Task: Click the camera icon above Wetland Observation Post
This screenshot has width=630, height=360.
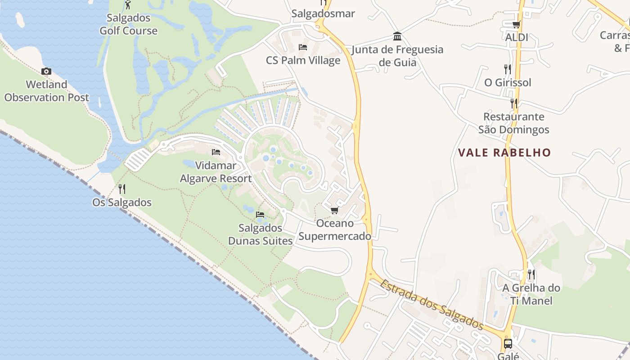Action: click(x=46, y=71)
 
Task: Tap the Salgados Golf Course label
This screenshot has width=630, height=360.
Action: click(x=128, y=25)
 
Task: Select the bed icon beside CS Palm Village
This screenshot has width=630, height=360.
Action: click(x=303, y=47)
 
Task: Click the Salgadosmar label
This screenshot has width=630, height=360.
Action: click(x=323, y=13)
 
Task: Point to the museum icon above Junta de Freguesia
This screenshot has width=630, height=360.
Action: click(x=397, y=36)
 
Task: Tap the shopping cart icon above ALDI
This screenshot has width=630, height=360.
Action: click(x=516, y=24)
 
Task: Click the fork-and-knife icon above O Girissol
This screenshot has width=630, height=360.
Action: click(x=508, y=69)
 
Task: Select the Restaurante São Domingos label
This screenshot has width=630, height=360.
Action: click(x=513, y=123)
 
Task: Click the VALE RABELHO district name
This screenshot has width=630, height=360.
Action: click(x=504, y=153)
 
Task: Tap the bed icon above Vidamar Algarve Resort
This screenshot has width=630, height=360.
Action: click(x=216, y=152)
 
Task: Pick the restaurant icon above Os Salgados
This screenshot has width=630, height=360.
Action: click(x=121, y=189)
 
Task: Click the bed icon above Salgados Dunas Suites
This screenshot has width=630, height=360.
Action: click(x=260, y=215)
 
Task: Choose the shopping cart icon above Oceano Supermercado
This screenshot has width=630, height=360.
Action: click(x=334, y=210)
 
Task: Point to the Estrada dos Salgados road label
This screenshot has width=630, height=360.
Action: click(x=431, y=305)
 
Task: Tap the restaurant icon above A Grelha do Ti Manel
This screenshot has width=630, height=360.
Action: click(x=531, y=274)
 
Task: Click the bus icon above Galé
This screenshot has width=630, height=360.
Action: click(x=508, y=344)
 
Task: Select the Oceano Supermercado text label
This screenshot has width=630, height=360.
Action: click(x=335, y=229)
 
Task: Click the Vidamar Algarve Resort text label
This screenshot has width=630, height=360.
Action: click(x=216, y=172)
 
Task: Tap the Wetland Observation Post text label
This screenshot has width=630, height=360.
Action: click(x=47, y=91)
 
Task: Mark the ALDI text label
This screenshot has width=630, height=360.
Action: click(x=517, y=37)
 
